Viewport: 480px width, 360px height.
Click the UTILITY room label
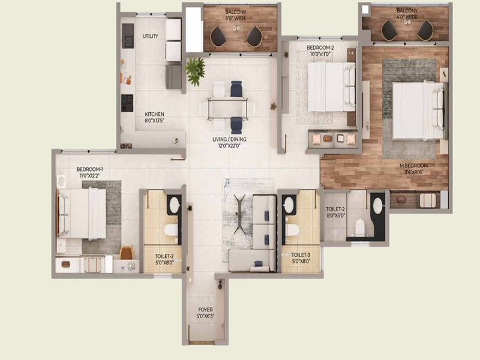[150, 37]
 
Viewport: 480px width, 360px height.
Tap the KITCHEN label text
[154, 114]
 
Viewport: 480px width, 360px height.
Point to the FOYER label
[205, 311]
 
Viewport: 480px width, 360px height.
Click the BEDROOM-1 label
[90, 170]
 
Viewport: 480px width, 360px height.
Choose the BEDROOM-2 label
[320, 47]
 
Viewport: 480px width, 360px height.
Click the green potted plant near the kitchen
[195, 70]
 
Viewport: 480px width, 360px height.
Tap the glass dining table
[232, 108]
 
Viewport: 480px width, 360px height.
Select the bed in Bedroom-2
[328, 87]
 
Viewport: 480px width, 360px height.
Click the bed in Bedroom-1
[84, 214]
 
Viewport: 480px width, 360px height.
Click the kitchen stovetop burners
[127, 104]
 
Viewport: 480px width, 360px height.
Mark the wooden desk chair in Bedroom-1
[127, 253]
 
